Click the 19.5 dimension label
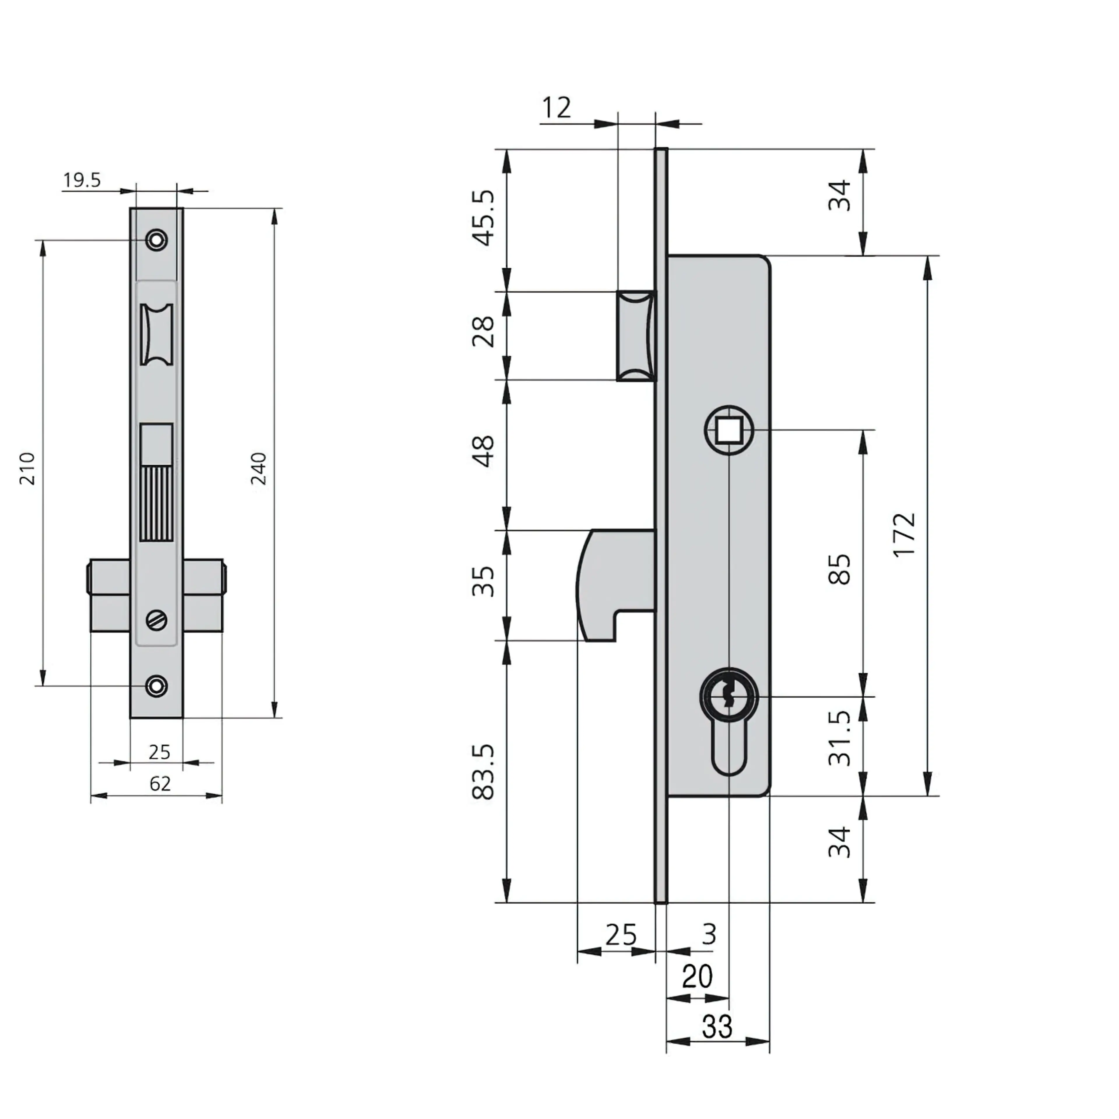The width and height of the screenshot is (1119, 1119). pos(82,180)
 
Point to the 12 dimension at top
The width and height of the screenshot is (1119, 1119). pos(556,108)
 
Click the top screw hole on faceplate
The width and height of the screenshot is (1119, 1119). pos(156,239)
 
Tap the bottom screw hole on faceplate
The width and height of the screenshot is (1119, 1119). pos(156,686)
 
